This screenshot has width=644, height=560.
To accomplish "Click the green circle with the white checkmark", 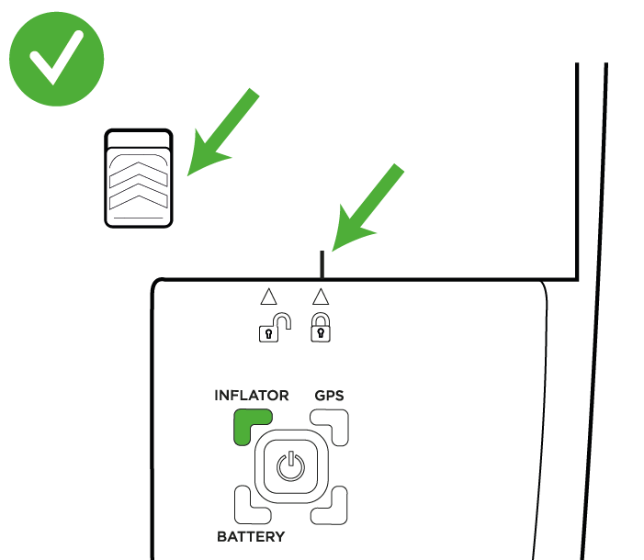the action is click(57, 59).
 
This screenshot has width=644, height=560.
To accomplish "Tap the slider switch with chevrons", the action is click(139, 178).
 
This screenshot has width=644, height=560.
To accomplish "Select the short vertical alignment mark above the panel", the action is click(322, 264).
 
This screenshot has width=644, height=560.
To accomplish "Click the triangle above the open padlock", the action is click(268, 297).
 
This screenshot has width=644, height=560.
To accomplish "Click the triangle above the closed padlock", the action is click(321, 297).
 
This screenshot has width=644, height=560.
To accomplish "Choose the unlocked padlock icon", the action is click(276, 327).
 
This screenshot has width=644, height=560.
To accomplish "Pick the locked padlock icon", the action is click(321, 327).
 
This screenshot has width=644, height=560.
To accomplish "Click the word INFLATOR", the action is click(252, 396).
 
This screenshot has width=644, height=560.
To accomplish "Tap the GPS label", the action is click(329, 396).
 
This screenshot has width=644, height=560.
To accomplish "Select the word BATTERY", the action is click(251, 537).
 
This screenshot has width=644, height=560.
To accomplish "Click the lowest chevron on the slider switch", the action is click(139, 196).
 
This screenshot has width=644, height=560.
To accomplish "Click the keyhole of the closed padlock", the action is click(322, 333).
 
